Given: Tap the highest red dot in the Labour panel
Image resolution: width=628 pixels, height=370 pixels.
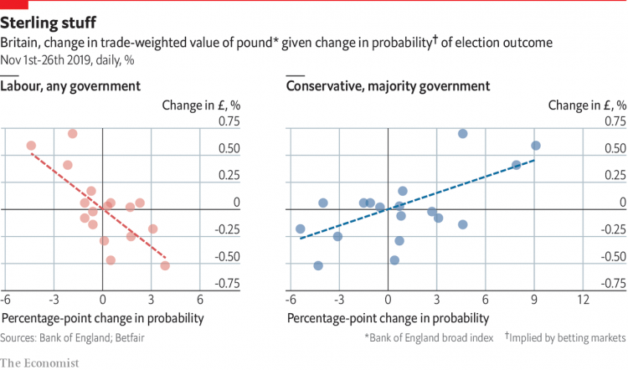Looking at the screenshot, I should [73, 134].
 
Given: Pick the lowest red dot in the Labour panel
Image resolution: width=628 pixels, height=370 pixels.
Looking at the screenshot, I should [165, 265].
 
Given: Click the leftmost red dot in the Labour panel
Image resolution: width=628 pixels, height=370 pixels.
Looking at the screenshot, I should [32, 146].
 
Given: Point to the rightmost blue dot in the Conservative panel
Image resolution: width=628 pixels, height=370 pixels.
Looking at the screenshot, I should [536, 146].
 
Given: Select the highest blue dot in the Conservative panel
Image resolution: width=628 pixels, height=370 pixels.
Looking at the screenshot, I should [462, 134].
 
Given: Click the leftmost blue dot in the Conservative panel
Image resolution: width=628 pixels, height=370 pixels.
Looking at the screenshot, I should [301, 229].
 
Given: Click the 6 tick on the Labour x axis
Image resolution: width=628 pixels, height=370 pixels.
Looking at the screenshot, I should [200, 299].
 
